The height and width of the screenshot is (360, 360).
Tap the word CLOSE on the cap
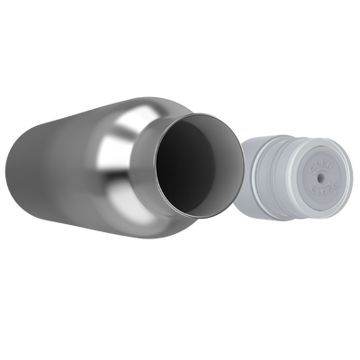tap(324, 188)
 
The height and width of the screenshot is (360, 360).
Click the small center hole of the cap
tap(319, 177)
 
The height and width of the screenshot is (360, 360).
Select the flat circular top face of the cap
tap(310, 193)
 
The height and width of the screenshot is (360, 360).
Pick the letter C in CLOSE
tap(313, 189)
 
